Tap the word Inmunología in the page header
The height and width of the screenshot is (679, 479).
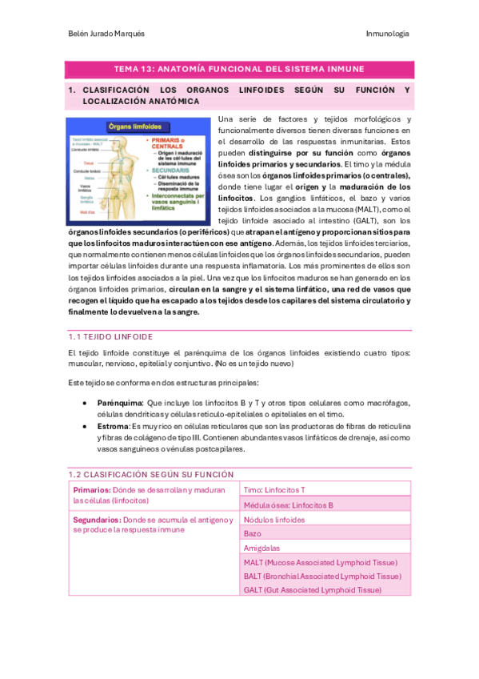388,34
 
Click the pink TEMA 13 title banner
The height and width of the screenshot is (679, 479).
239,69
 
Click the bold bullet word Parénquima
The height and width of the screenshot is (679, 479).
120,403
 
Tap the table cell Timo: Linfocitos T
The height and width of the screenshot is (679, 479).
274,489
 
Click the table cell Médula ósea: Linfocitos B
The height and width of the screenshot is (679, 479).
288,505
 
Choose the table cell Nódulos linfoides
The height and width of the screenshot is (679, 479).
273,520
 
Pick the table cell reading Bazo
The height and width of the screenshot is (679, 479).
253,533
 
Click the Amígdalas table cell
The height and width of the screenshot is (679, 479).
263,548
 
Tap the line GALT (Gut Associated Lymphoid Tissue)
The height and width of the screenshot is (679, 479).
313,589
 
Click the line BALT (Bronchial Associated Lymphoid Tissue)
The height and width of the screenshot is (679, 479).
321,576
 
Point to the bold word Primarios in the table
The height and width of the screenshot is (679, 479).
92,489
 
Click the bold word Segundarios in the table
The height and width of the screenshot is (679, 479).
98,520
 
